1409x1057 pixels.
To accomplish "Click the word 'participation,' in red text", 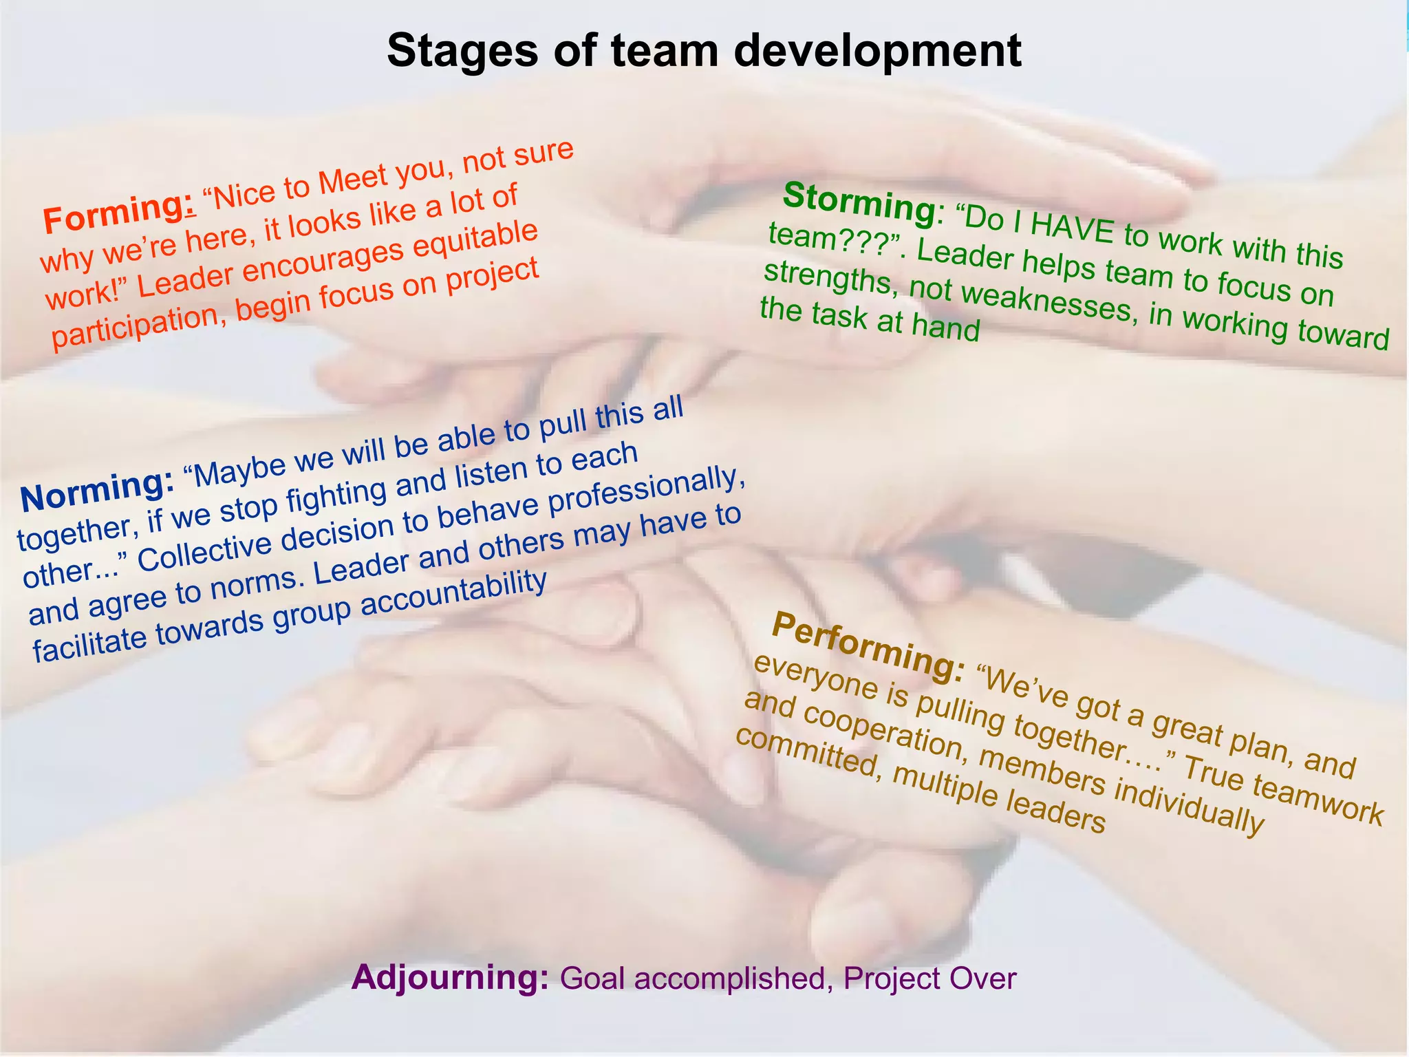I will click(138, 327).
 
